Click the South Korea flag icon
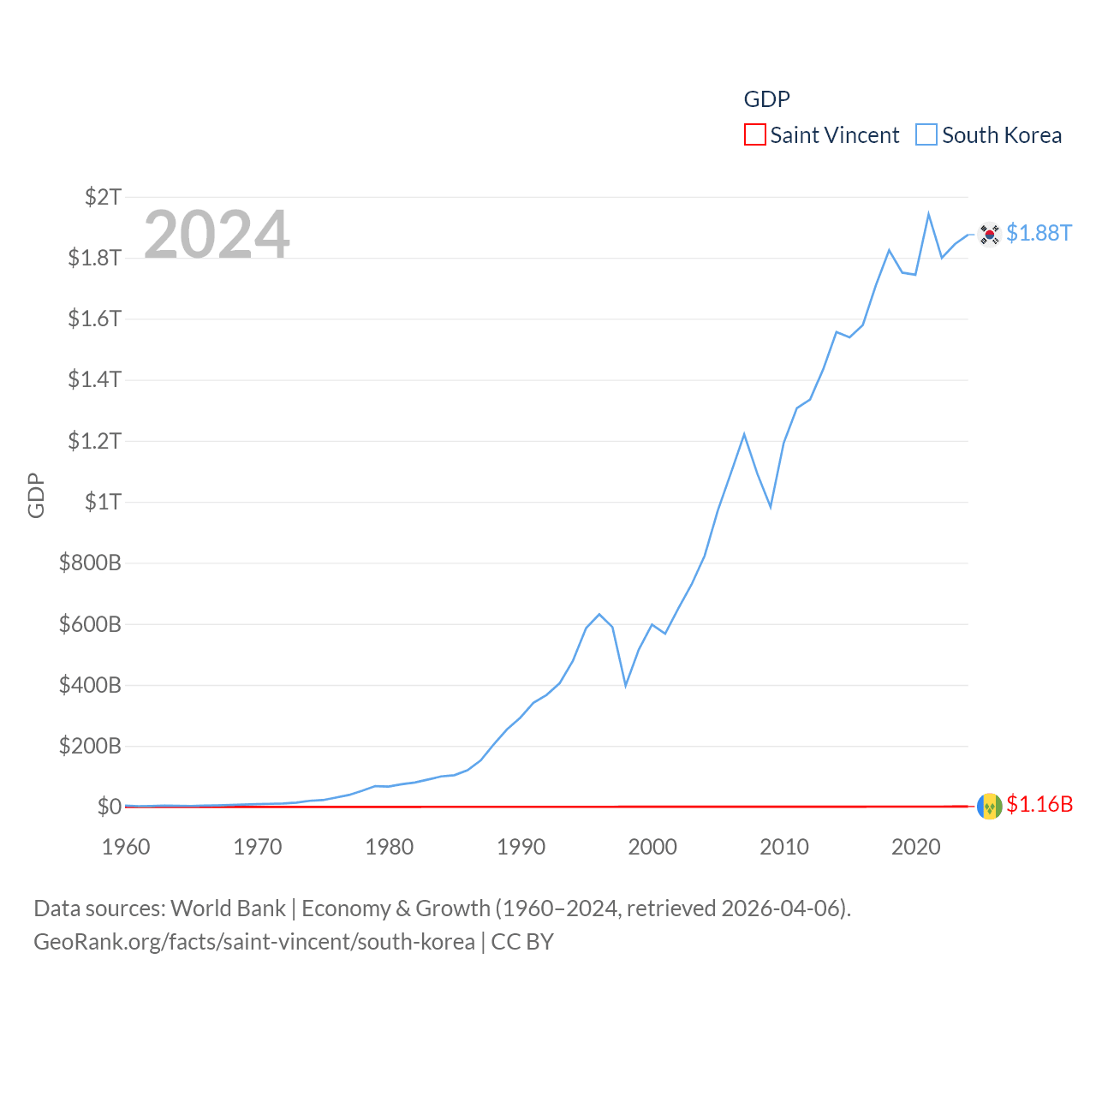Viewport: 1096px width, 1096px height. [989, 234]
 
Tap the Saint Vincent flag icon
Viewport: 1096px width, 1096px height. [989, 806]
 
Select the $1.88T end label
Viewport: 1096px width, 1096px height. [1039, 233]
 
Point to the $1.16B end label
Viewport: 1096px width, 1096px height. [1039, 804]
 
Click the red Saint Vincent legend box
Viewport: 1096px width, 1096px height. [754, 135]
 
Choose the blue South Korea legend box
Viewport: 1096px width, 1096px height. [926, 135]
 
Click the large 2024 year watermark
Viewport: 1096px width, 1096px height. [217, 234]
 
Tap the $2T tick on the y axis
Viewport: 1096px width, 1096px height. [103, 197]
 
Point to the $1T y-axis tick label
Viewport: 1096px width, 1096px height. [103, 502]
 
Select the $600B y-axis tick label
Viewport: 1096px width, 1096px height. [90, 624]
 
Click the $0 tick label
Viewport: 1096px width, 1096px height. [109, 807]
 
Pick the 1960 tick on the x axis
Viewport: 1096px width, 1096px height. [126, 847]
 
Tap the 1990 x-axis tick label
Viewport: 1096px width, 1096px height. [521, 847]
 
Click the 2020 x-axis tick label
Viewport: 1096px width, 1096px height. [915, 847]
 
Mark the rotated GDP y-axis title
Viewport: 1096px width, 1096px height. [36, 495]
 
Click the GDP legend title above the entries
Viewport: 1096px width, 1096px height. [766, 99]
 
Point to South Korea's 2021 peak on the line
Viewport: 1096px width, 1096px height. [928, 214]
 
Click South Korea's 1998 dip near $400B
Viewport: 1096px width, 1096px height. [626, 685]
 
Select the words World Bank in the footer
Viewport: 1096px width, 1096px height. [228, 908]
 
